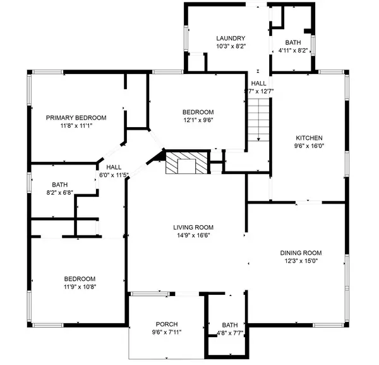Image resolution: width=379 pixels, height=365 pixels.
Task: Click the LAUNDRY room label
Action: (x=230, y=39)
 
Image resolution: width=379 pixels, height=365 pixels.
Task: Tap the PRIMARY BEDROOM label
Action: (x=76, y=118)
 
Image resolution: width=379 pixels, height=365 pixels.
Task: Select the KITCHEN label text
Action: (x=310, y=138)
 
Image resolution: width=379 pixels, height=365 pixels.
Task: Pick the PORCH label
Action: (x=167, y=323)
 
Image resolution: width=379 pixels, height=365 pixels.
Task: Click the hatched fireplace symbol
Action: (x=186, y=163)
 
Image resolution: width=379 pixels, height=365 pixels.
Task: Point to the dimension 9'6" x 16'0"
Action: (x=310, y=146)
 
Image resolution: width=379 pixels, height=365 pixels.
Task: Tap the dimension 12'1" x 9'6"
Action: (x=198, y=120)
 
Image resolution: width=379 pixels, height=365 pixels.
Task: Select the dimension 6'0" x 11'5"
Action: (x=114, y=175)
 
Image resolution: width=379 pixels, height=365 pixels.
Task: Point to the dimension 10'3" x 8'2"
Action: (x=230, y=47)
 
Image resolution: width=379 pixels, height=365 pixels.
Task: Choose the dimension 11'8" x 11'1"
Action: (x=76, y=126)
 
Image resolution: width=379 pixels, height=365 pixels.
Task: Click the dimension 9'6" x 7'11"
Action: (x=167, y=331)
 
